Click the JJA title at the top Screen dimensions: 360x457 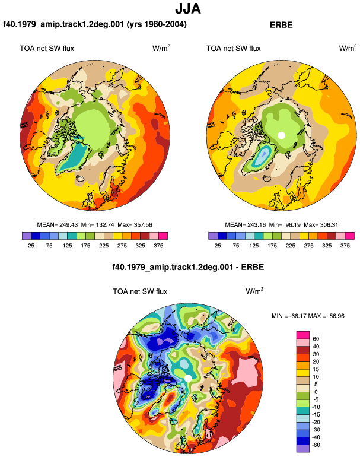[188, 9]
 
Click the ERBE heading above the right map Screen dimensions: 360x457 [281, 25]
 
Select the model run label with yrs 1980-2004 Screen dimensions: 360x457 [95, 24]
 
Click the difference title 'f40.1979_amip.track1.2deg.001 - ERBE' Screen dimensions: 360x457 [188, 267]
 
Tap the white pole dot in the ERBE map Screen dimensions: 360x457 [281, 135]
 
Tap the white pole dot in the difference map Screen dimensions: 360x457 [188, 378]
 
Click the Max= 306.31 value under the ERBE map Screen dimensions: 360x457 [321, 225]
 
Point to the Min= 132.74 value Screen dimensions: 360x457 [98, 225]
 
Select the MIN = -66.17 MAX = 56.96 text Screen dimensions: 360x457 [308, 316]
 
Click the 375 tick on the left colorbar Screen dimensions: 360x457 [158, 246]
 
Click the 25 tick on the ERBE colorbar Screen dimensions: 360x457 [218, 246]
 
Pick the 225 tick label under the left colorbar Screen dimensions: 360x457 [104, 246]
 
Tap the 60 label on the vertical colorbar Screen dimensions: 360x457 [316, 339]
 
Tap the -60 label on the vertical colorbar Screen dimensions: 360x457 [316, 445]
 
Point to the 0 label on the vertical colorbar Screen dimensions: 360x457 [316, 392]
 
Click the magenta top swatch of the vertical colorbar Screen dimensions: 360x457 [303, 335]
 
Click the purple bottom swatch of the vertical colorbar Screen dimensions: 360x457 [303, 449]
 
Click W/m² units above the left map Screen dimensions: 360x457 [161, 48]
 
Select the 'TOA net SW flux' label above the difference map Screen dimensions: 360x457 [140, 291]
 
